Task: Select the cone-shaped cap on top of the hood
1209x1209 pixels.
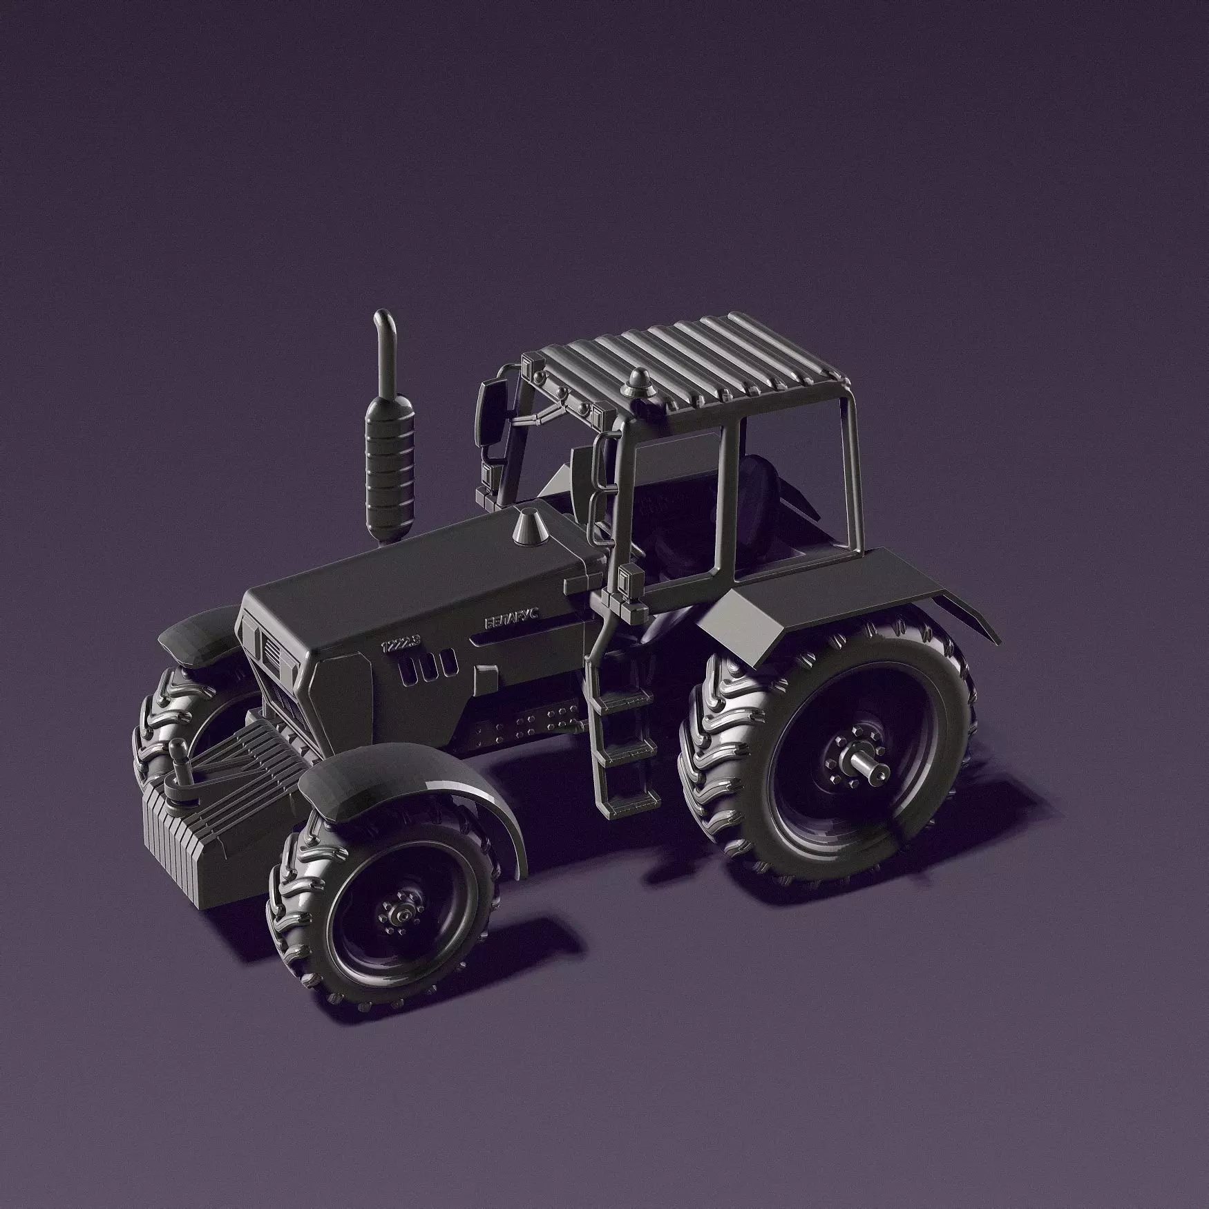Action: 529,524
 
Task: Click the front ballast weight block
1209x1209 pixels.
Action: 207,850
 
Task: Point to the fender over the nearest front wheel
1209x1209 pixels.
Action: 408,781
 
